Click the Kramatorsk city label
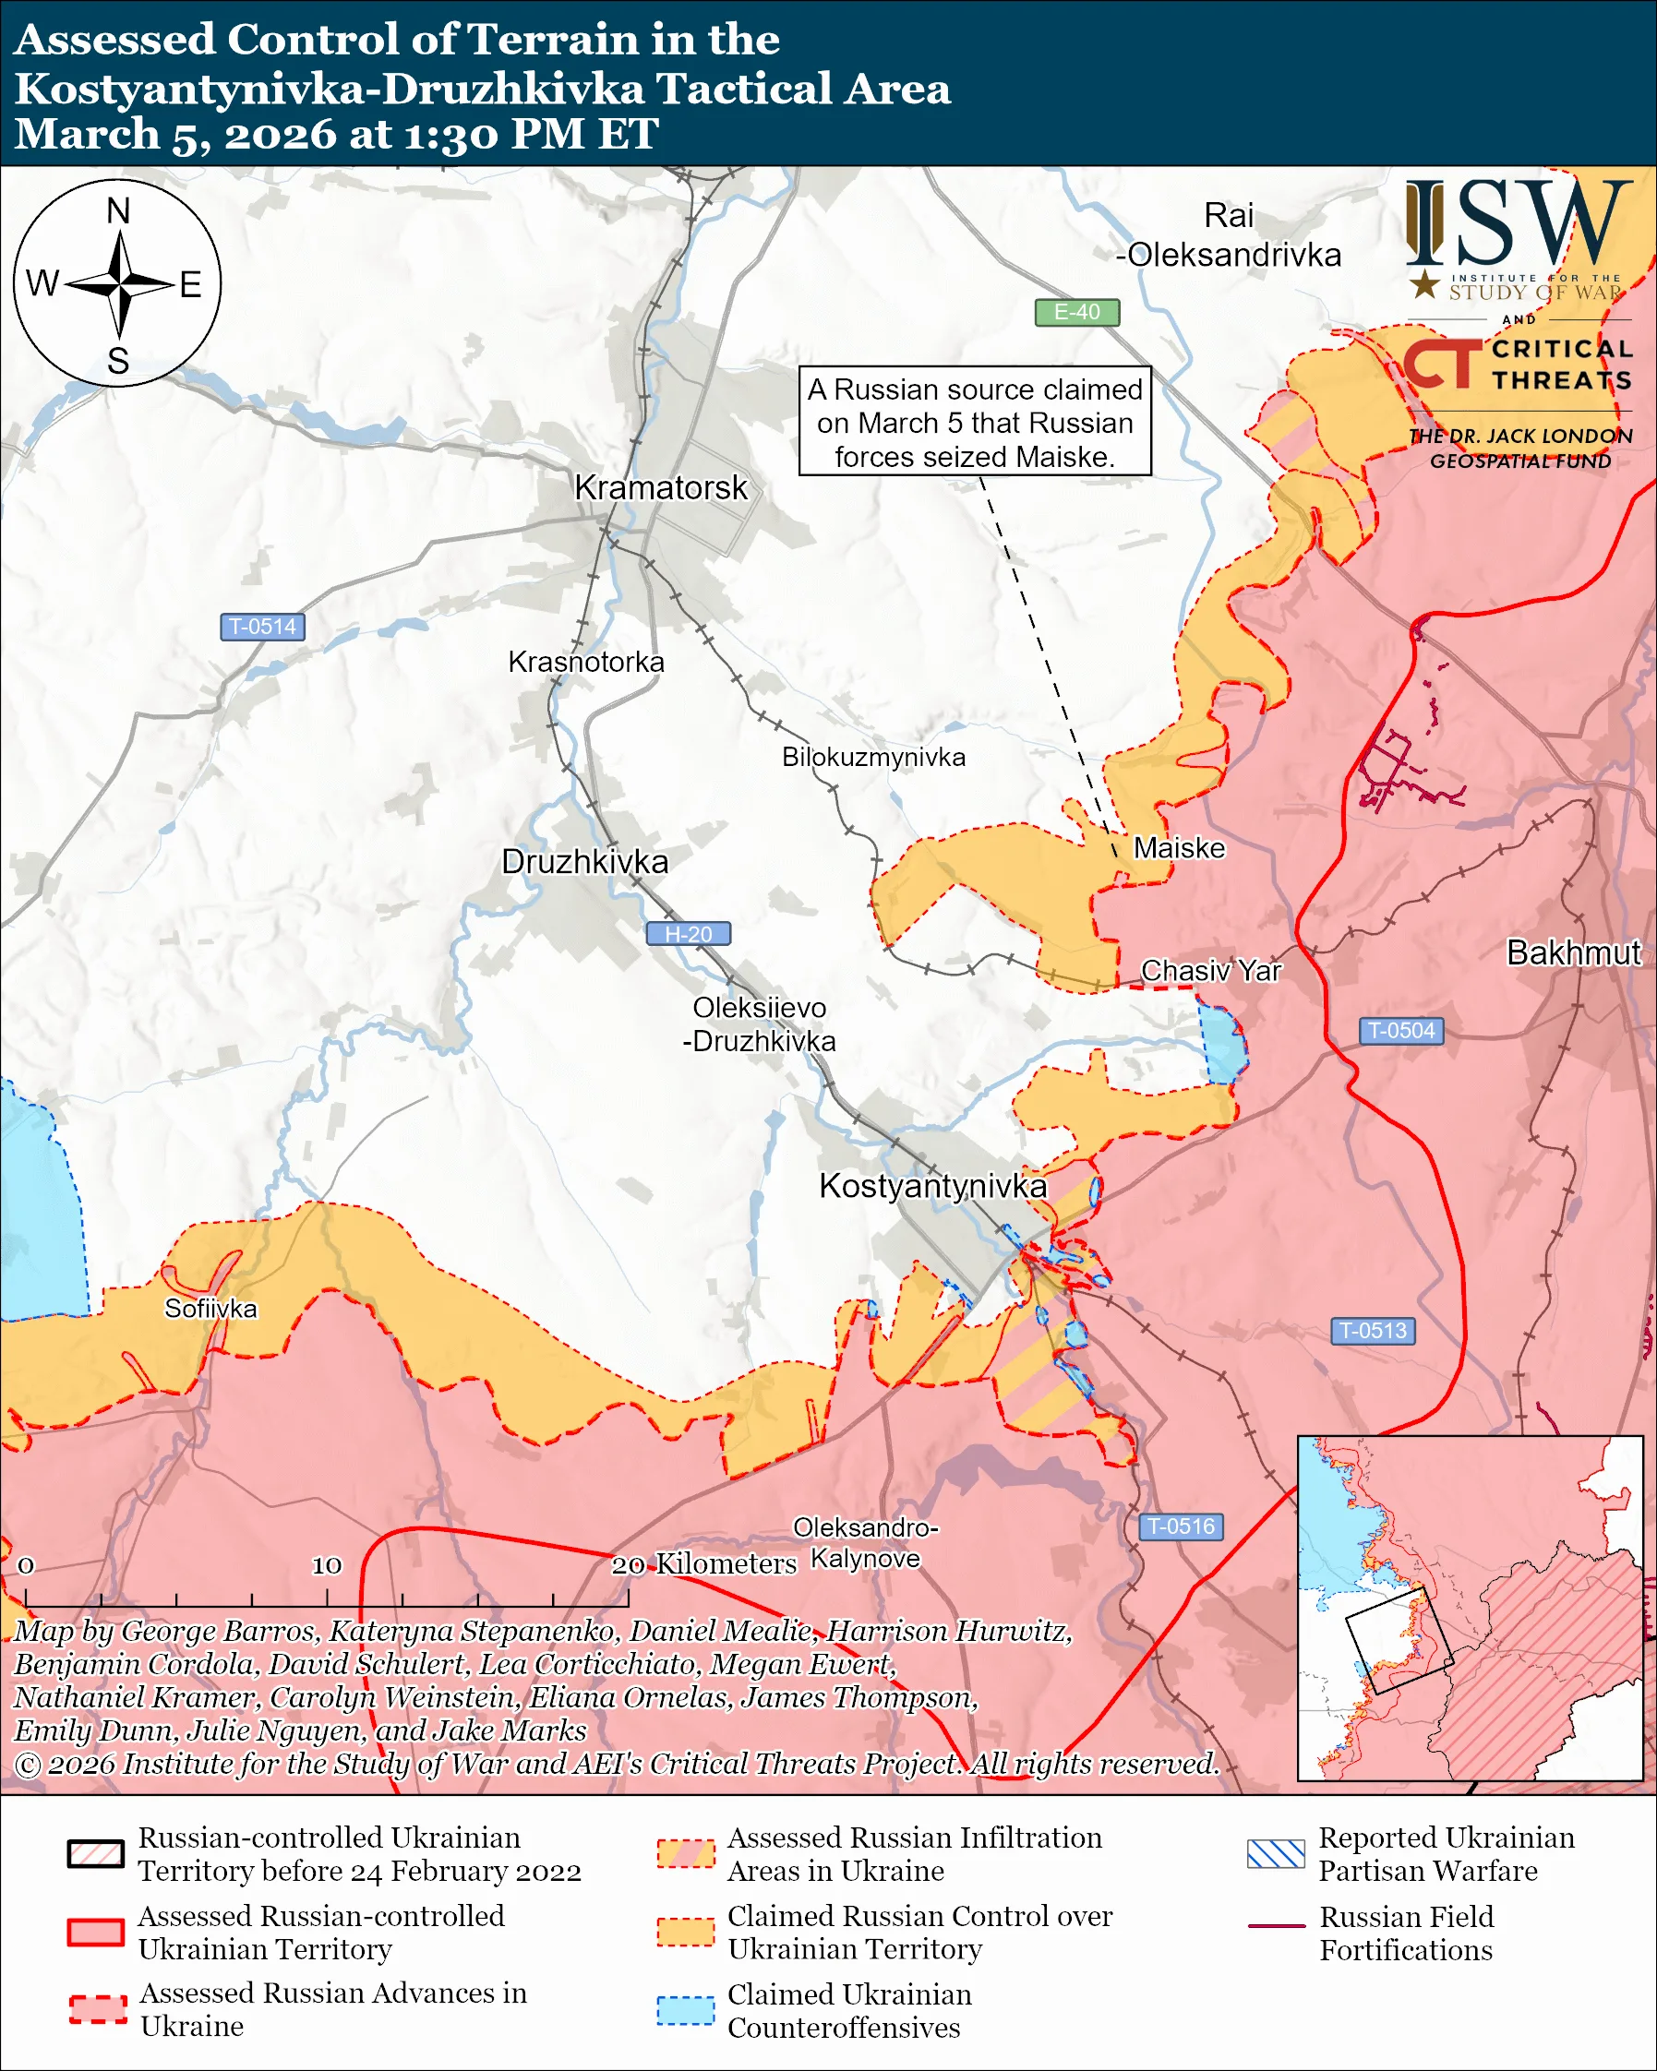[x=660, y=488]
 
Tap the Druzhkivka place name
[x=585, y=862]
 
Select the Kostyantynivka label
[x=931, y=1186]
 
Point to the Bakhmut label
[x=1573, y=952]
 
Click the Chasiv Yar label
[x=1210, y=971]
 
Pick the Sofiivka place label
[x=210, y=1310]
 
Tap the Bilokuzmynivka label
[x=873, y=757]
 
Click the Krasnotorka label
[x=586, y=662]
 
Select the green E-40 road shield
[x=1075, y=312]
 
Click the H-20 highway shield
[x=688, y=934]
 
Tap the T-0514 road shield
[x=262, y=627]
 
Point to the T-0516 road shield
[x=1181, y=1526]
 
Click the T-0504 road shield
[x=1400, y=1031]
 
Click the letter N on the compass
[x=117, y=211]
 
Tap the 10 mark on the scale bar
[x=327, y=1566]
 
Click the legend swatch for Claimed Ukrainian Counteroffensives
[x=685, y=2010]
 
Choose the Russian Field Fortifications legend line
[x=1276, y=1926]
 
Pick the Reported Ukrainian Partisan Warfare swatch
[x=1276, y=1854]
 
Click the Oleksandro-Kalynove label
[x=865, y=1543]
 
